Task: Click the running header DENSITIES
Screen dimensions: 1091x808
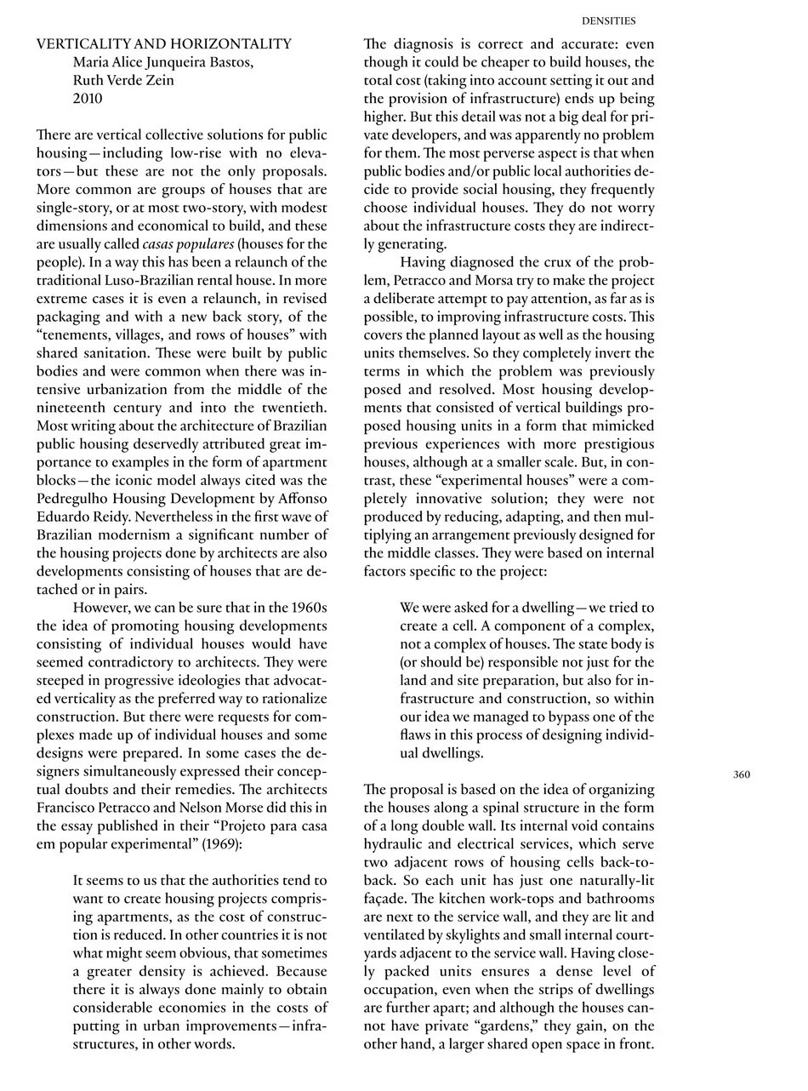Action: tap(608, 20)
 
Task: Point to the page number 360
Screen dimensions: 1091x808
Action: tap(742, 774)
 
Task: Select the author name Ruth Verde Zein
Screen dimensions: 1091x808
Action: tap(123, 80)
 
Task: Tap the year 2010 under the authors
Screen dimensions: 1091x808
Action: tap(88, 98)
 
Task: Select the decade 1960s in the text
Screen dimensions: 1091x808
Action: tap(306, 607)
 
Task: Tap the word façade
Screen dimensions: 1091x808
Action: tap(384, 899)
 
